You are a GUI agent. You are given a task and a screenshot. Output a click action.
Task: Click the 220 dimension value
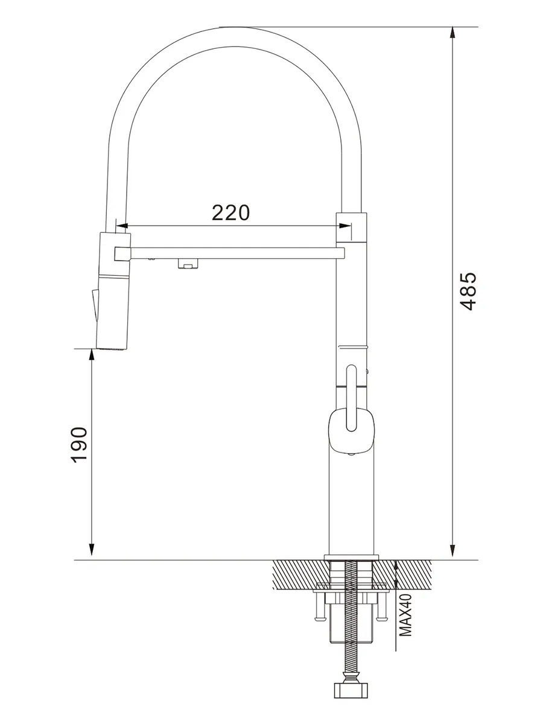(x=230, y=213)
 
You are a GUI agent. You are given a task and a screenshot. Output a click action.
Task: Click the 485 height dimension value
(x=468, y=291)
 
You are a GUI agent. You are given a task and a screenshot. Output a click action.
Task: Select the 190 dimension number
(x=79, y=445)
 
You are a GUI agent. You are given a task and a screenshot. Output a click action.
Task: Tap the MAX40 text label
(x=405, y=615)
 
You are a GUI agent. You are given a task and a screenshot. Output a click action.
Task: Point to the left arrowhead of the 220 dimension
(x=122, y=226)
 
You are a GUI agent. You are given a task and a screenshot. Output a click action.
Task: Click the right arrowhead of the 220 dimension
(x=345, y=226)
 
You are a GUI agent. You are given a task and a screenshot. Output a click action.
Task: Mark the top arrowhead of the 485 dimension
(x=453, y=33)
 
